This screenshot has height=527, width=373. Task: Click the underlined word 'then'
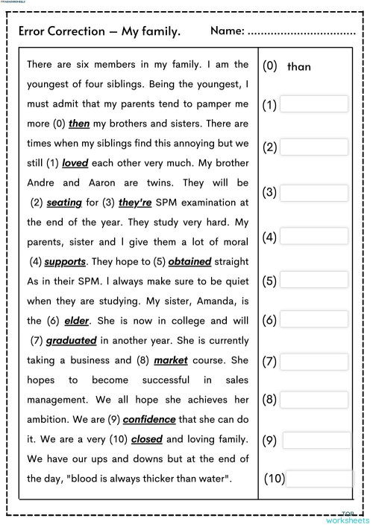79,123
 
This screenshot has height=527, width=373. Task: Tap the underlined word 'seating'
63,202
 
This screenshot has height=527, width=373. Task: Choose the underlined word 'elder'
77,322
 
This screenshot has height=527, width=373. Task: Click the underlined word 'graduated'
72,341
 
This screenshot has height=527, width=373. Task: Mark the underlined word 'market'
171,361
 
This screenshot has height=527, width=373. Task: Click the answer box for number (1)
314,104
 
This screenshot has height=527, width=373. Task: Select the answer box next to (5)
314,281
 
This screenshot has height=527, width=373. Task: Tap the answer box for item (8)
314,397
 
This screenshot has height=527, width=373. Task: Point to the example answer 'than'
298,66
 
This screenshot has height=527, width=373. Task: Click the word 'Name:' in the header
227,31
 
